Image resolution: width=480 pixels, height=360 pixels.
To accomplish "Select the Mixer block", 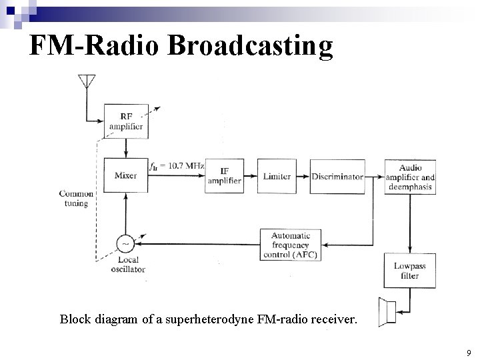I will point(125,176).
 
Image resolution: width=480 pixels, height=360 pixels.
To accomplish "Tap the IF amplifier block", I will point(224,176).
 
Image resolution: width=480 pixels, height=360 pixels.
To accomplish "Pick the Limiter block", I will point(277,176).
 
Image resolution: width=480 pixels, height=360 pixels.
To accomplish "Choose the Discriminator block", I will point(337,176).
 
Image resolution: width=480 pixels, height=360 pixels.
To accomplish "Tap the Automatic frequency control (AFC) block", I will point(295,245).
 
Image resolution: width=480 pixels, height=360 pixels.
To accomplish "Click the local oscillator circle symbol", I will point(124,245).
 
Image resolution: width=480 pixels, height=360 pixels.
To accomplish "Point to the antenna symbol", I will point(85,81).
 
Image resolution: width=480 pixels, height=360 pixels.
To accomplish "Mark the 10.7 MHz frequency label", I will point(177,165).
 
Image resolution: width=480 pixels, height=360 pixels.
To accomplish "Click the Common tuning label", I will point(76,199).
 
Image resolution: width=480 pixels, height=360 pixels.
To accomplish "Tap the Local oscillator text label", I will point(127,265).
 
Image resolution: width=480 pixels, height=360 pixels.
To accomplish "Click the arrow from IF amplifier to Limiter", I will point(250,177).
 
